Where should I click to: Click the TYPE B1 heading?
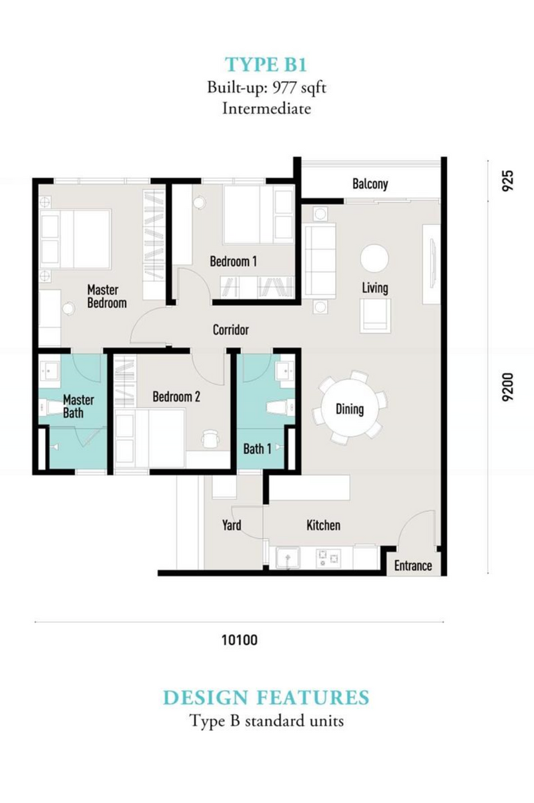click(x=266, y=65)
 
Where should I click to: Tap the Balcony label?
click(x=370, y=184)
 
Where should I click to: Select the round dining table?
click(x=349, y=408)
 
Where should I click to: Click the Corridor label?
click(x=231, y=330)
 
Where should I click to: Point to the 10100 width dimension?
click(x=240, y=640)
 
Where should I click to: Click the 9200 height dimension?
click(x=507, y=386)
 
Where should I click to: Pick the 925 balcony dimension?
click(x=507, y=181)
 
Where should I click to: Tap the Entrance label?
click(x=413, y=565)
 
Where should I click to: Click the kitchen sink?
click(x=287, y=558)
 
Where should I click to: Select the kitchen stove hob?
click(x=328, y=558)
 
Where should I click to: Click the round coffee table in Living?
click(x=374, y=258)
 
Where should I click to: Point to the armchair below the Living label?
click(x=375, y=316)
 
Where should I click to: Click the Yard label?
click(x=232, y=525)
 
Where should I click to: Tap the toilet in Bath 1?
click(x=280, y=408)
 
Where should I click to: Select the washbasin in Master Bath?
click(x=49, y=370)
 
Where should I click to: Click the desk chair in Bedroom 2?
click(x=210, y=439)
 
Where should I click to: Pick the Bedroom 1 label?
click(x=234, y=262)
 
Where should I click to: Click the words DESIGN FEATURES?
click(x=266, y=698)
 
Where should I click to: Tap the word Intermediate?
click(x=266, y=108)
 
